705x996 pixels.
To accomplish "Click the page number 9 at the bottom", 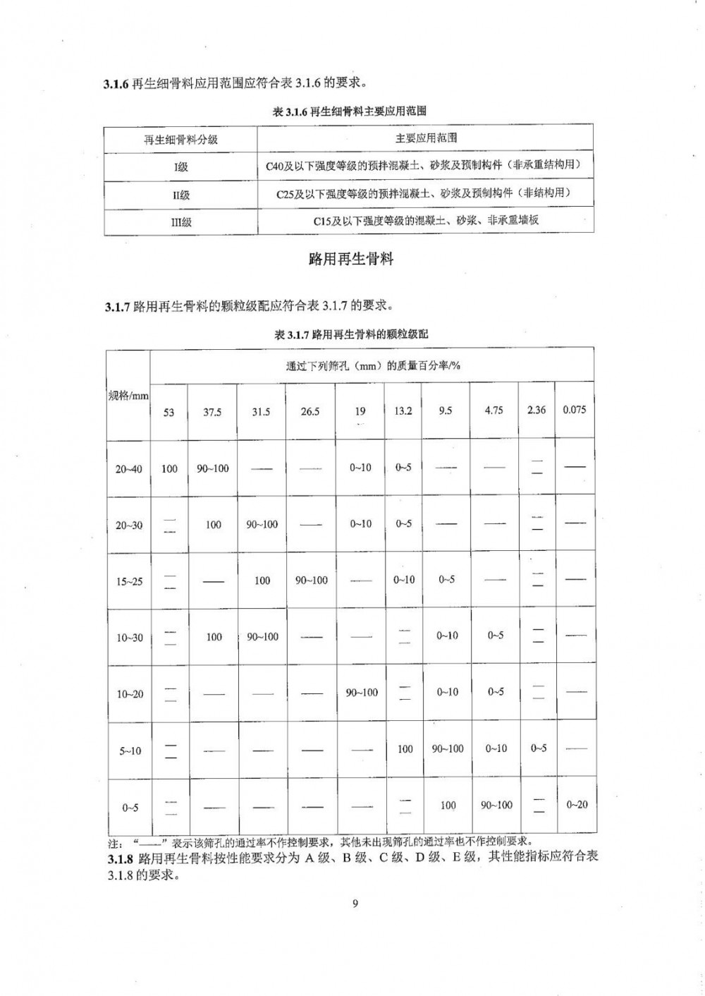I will coord(355,904).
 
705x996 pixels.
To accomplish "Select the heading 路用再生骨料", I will coord(351,260).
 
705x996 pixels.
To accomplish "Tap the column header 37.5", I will coord(212,412).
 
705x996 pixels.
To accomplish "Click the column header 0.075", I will coord(574,410).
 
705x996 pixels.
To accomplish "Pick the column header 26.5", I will coord(310,412).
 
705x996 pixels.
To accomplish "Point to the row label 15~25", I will coord(129,581).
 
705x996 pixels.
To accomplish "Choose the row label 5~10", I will coord(130,751).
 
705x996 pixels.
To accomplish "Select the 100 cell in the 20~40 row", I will coord(169,468).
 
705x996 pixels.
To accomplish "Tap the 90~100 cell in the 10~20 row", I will coord(362,693).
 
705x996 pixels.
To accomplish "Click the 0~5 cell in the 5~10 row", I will coord(539,748).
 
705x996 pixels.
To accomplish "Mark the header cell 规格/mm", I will coord(128,396).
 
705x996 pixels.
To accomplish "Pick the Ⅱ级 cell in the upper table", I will coord(181,195).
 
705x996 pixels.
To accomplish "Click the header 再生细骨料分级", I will coord(181,140).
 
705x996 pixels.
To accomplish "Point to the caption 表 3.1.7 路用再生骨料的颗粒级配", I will coord(351,335).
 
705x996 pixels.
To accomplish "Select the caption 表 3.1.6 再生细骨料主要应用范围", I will coord(350,111).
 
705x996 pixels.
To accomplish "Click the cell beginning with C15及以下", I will coord(426,221).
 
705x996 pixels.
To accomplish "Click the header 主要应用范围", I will coord(426,138).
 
